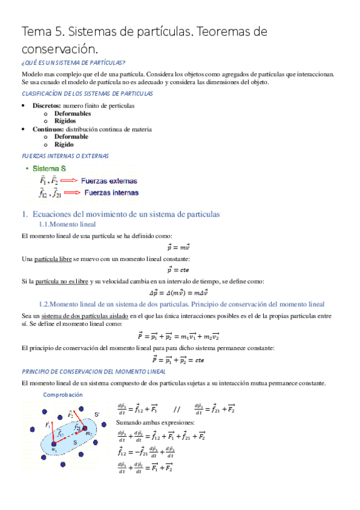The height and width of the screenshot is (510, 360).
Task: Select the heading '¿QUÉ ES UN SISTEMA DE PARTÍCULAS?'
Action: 73,63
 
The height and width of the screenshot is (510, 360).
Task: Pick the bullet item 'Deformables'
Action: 73,113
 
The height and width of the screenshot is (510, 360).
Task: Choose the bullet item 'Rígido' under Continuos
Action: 64,144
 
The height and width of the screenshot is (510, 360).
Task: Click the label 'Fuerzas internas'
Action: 111,193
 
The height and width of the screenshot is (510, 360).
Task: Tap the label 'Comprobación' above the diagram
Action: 63,395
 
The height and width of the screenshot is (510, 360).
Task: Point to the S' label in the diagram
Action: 97,415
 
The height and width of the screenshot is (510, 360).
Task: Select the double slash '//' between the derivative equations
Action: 176,410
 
